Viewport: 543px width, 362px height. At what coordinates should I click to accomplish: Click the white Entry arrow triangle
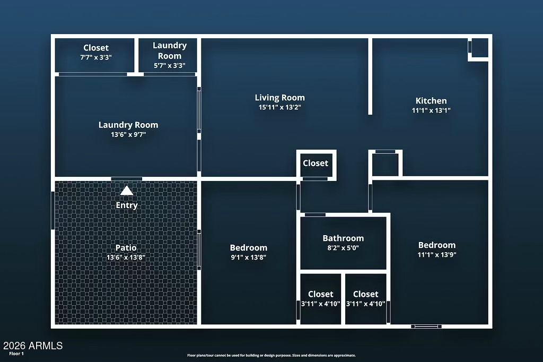(x=127, y=191)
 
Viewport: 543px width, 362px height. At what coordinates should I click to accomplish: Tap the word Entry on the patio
(x=127, y=205)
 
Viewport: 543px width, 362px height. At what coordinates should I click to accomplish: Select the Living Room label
(x=280, y=98)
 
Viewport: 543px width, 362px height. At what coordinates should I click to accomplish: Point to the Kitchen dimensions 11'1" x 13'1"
(x=431, y=110)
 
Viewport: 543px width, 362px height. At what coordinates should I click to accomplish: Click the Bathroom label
(x=343, y=238)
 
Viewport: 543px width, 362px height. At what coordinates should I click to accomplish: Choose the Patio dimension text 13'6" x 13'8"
(x=126, y=257)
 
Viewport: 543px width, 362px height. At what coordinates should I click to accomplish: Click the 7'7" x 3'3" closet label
(x=96, y=57)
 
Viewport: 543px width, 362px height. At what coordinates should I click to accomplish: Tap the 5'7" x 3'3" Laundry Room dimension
(x=170, y=65)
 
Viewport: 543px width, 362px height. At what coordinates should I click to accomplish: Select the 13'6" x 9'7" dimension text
(x=128, y=134)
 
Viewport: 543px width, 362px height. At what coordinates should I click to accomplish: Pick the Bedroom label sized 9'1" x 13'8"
(x=249, y=247)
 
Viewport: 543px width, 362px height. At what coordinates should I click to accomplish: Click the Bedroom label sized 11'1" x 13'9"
(x=437, y=245)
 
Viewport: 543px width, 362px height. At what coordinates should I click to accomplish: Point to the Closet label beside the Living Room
(x=316, y=163)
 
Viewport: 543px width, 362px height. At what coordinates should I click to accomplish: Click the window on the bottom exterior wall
(x=426, y=326)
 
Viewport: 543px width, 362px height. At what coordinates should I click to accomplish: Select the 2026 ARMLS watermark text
(x=33, y=346)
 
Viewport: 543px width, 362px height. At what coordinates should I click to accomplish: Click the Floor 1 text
(x=16, y=354)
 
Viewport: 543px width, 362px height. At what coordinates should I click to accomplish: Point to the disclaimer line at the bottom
(x=271, y=356)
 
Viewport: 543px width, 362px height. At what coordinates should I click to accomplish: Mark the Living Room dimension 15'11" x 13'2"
(x=280, y=108)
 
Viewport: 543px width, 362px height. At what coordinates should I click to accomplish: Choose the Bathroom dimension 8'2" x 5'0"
(x=343, y=248)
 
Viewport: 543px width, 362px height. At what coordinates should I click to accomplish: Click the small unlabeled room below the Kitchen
(x=386, y=165)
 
